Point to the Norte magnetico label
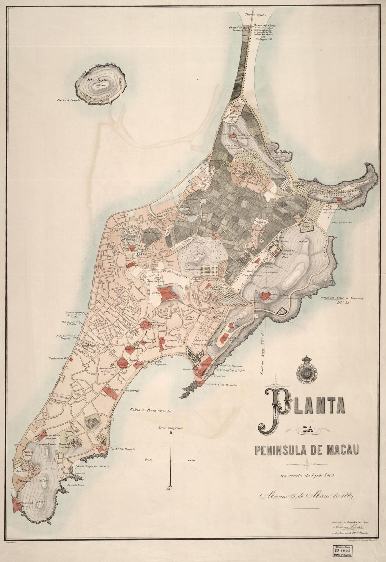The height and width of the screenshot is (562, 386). click(x=171, y=428)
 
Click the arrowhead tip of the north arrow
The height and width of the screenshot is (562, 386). click(x=171, y=433)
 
